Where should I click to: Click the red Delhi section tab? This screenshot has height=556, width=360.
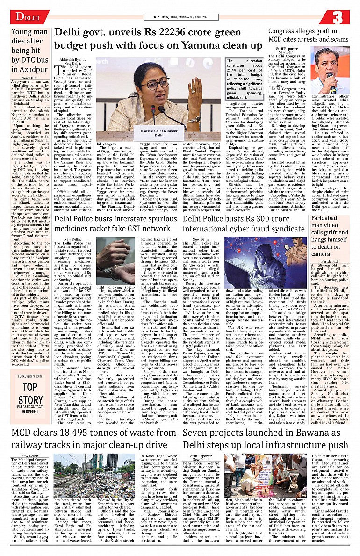point(23,17)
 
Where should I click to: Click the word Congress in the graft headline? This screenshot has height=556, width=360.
point(292,32)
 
